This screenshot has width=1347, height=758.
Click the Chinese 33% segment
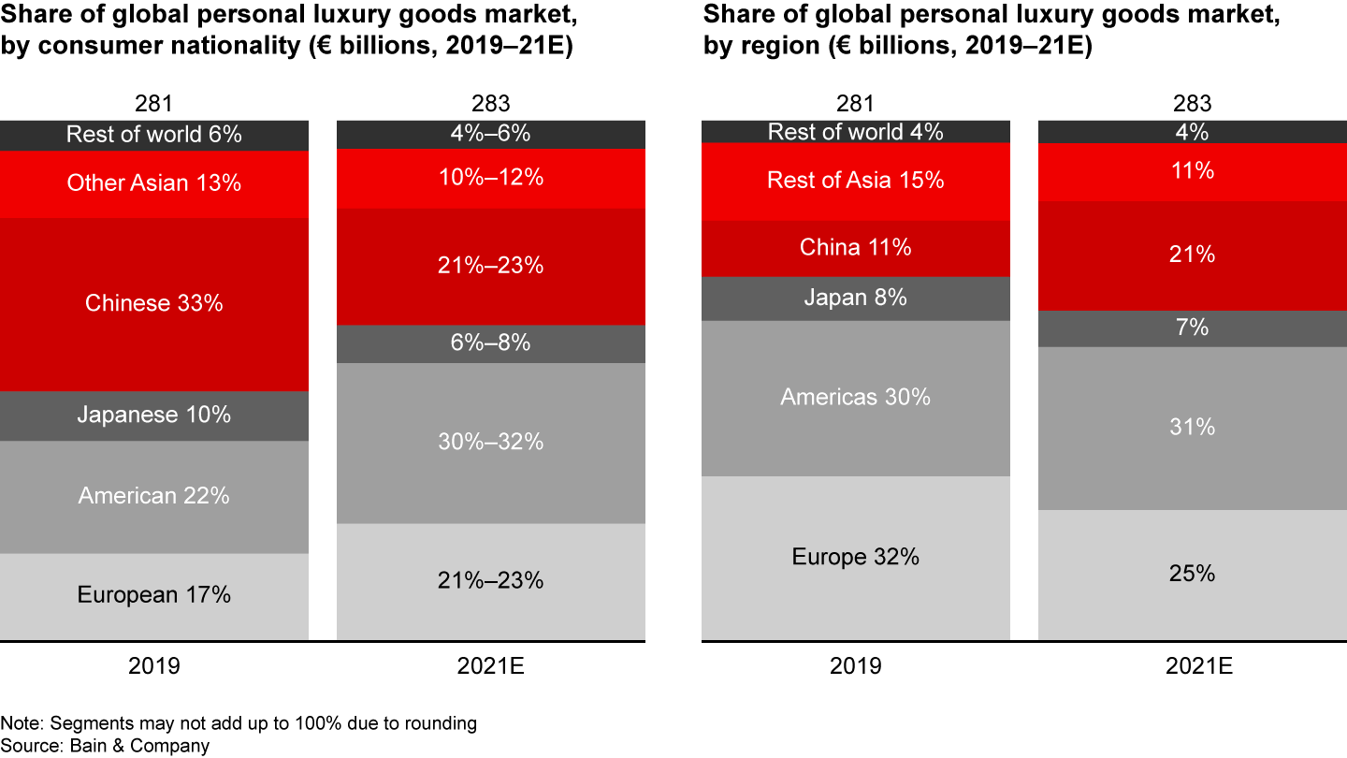(154, 304)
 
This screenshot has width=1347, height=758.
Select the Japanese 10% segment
(154, 415)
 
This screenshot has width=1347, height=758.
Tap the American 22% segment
(154, 496)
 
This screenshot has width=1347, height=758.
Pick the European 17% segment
(154, 595)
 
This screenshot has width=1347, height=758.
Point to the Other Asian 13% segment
(154, 183)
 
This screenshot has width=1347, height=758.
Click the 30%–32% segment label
(491, 442)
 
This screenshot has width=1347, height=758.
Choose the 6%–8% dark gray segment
(491, 343)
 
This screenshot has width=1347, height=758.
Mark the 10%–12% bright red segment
(491, 178)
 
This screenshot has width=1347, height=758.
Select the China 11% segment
(856, 248)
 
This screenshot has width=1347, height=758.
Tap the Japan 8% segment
(856, 298)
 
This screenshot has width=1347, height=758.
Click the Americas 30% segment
(856, 398)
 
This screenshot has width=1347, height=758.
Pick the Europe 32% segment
(856, 558)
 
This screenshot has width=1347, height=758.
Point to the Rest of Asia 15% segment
(856, 180)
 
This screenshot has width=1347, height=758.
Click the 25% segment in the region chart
(1193, 574)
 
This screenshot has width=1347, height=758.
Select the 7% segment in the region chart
(1193, 328)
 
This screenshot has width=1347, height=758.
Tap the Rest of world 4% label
(856, 132)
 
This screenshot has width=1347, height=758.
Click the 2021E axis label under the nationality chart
(491, 666)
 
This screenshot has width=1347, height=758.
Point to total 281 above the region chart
(856, 104)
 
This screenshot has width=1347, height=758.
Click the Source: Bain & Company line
(105, 746)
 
